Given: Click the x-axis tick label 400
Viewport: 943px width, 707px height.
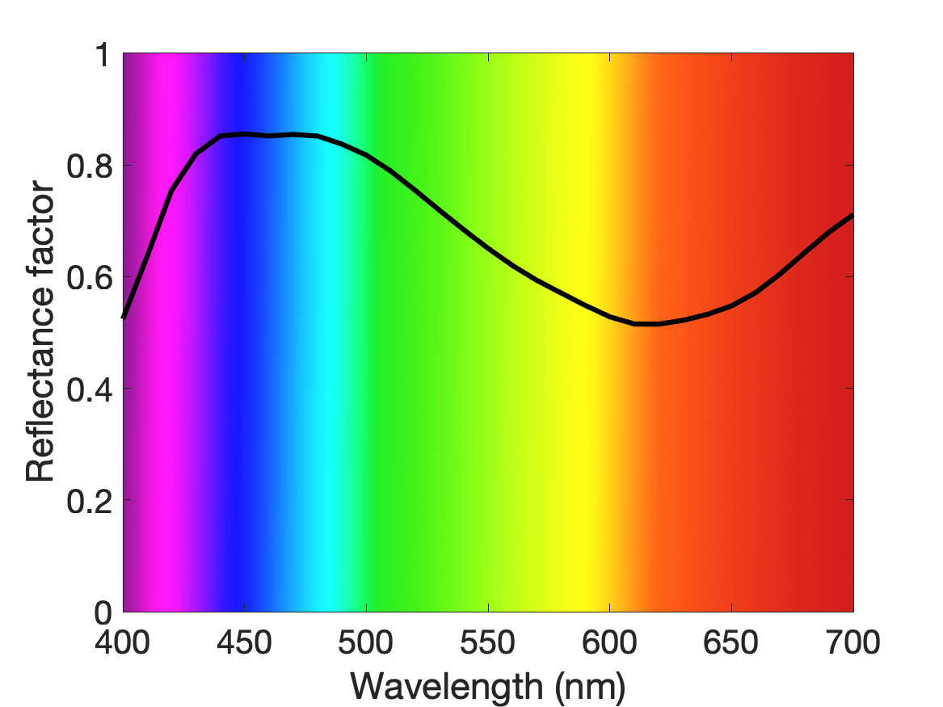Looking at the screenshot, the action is (122, 642).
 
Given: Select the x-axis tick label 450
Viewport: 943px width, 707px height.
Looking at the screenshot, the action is (244, 642).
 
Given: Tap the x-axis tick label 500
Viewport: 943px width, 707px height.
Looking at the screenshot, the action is (366, 642).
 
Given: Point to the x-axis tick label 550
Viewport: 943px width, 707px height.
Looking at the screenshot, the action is (488, 642).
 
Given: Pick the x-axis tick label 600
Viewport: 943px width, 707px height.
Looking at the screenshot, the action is (609, 642).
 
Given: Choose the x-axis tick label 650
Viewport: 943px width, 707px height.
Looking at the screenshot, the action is (731, 642).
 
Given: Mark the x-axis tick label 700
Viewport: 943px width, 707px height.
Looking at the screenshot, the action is (853, 642).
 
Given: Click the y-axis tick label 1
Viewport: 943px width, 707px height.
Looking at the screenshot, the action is (103, 55).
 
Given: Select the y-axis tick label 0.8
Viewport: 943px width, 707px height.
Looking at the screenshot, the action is (90, 166).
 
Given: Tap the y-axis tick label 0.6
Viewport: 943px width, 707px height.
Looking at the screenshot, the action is (90, 278).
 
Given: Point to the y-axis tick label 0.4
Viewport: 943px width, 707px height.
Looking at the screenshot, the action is (90, 389).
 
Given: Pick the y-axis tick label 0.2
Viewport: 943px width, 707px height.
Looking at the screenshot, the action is (90, 501).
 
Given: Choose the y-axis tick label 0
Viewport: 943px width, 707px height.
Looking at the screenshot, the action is (103, 612).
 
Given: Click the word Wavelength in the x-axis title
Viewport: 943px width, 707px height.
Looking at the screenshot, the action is (447, 686).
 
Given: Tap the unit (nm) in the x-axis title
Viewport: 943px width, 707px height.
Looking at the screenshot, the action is (590, 687).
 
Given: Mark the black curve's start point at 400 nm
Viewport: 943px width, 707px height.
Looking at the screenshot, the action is (124, 318).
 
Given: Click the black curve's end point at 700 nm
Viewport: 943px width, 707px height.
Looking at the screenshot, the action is (852, 215).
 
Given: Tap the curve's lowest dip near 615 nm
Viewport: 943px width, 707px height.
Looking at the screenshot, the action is (646, 324).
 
